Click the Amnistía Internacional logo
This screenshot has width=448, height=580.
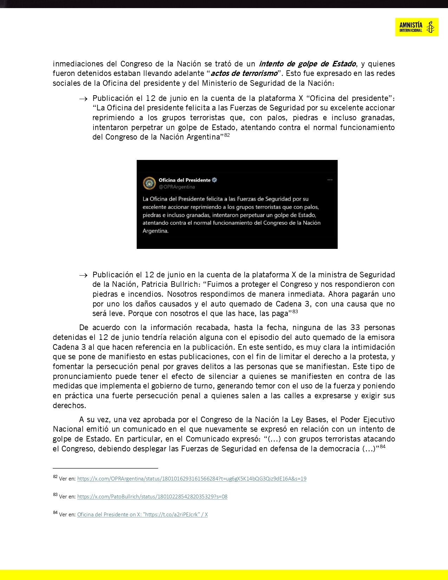(x=416, y=27)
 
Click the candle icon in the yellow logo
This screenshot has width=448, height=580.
(x=430, y=27)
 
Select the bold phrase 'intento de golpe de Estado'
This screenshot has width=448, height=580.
(x=307, y=64)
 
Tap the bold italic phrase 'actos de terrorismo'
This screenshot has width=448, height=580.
(x=244, y=73)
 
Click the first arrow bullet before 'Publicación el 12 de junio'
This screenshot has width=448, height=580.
(x=83, y=99)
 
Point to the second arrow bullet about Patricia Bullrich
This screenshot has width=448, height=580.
(x=83, y=275)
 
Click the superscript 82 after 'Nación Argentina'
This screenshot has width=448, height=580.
(x=227, y=135)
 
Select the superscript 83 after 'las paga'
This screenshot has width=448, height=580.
(x=295, y=311)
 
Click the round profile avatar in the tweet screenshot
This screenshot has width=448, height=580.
(x=149, y=183)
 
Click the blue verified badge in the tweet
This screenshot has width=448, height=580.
(x=215, y=180)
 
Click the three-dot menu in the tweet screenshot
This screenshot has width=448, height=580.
(x=330, y=180)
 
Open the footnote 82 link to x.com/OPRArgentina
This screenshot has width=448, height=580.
(x=191, y=479)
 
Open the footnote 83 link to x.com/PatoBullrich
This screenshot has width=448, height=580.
(x=152, y=497)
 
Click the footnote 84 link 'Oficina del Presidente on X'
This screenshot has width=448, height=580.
(x=142, y=515)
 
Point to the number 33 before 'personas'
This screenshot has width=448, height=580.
(x=355, y=328)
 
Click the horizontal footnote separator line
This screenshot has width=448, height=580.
(x=105, y=468)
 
